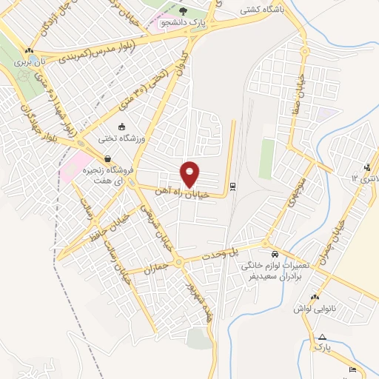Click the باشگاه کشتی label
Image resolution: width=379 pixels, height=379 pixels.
pyautogui.click(x=258, y=11)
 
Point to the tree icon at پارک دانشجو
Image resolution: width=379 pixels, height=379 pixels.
pyautogui.click(x=183, y=11)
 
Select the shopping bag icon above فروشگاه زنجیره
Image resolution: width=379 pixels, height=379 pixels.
pyautogui.click(x=108, y=158)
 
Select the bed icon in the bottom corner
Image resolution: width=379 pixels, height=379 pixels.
pyautogui.click(x=352, y=369)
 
